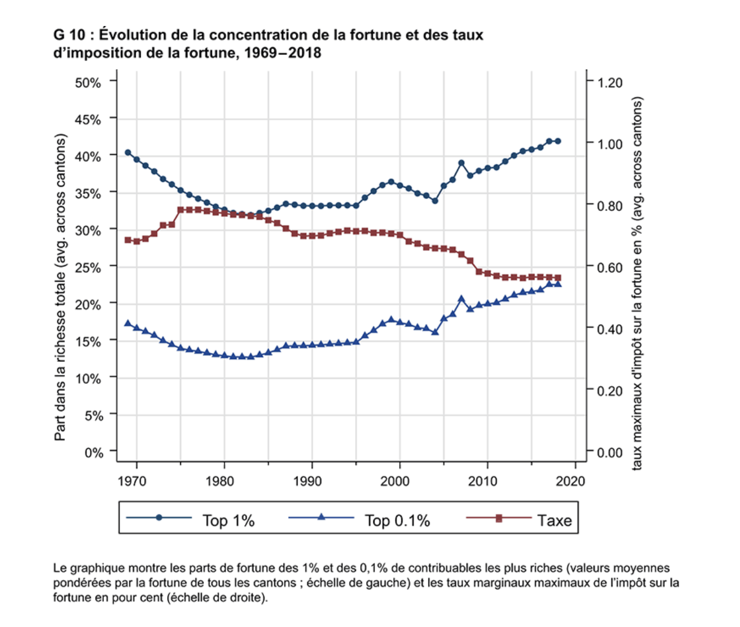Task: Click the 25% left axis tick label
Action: (88, 267)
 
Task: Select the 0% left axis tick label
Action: (93, 453)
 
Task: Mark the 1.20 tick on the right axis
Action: (609, 83)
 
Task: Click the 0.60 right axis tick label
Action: (609, 267)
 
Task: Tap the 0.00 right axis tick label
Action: (609, 453)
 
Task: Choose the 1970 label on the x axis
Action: (132, 481)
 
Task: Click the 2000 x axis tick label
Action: (395, 481)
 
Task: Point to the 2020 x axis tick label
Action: (571, 481)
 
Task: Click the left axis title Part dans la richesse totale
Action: (60, 287)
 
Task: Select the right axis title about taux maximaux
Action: (637, 283)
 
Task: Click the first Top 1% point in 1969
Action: (128, 153)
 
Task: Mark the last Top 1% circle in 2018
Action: (558, 141)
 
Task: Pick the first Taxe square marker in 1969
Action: (128, 240)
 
